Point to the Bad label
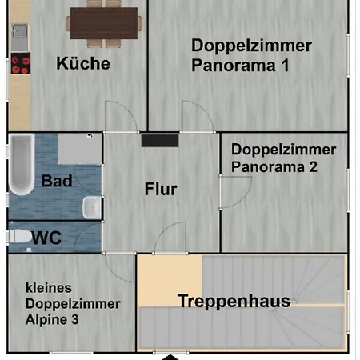point(57,181)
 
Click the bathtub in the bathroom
point(21,166)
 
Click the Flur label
point(161,190)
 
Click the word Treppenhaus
point(234,302)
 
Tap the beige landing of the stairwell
point(168,280)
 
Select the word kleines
point(49,287)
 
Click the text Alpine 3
point(58,320)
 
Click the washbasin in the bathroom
point(94,206)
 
